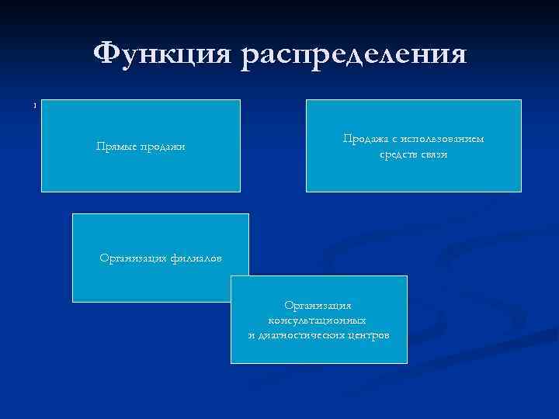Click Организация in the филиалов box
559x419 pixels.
click(133, 258)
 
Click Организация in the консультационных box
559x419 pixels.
click(318, 306)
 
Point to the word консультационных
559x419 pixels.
click(318, 320)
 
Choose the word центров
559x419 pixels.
click(369, 334)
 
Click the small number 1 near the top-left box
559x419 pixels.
click(35, 106)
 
